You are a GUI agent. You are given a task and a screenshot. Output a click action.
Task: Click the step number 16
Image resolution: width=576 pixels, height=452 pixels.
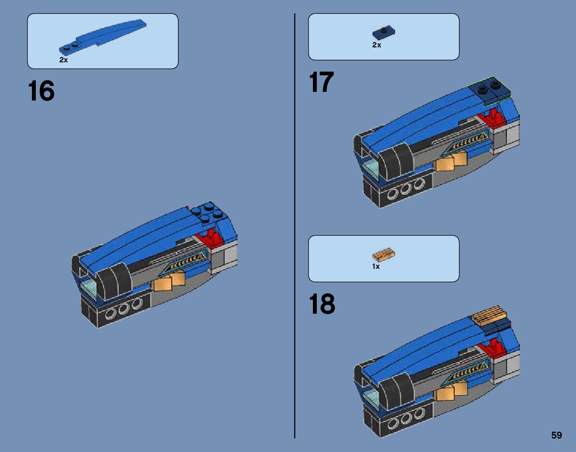41,91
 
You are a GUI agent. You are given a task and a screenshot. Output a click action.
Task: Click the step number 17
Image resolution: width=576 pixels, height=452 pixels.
322,82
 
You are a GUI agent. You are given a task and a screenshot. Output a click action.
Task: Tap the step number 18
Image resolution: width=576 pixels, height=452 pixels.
322,304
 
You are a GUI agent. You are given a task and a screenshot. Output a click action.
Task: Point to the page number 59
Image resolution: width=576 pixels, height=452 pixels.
557,435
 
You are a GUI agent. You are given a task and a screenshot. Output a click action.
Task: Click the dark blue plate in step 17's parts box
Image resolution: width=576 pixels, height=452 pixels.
384,33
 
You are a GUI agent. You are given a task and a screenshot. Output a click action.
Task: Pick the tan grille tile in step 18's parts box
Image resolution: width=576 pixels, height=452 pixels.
384,254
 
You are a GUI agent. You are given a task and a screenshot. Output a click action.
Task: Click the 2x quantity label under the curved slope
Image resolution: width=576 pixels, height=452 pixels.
63,60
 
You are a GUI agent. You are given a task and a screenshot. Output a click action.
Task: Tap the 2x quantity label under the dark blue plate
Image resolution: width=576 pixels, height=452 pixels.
377,45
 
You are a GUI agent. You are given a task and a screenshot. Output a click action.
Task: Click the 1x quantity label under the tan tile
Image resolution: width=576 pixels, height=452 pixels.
376,266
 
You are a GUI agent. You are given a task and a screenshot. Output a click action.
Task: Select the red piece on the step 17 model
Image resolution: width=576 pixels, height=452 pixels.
493,118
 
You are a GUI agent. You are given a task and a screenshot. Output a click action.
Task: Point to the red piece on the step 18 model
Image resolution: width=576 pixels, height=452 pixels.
493,348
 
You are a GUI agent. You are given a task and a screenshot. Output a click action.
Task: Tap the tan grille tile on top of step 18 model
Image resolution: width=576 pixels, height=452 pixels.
489,315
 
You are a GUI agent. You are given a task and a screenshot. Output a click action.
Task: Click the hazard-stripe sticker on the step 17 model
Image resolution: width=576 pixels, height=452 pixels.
468,142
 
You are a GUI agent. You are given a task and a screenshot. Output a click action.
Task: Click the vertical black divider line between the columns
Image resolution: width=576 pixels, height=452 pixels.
295,226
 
